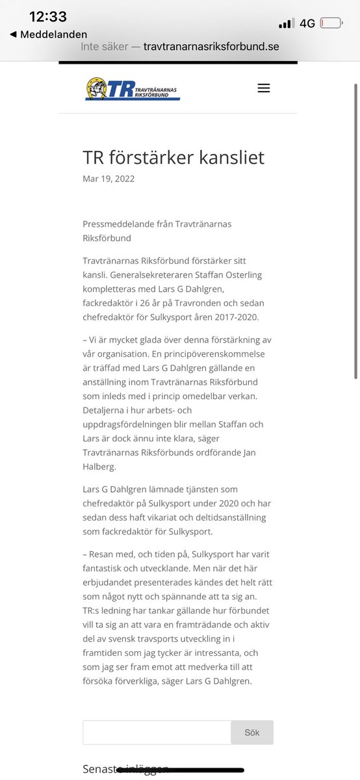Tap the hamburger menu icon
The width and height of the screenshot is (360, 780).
coord(263,88)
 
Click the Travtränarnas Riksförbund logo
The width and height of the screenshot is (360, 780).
coord(133,89)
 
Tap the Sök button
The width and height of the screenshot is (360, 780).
coord(252,732)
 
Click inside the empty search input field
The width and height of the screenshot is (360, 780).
coord(157,732)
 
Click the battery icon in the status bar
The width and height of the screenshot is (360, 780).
coord(331,23)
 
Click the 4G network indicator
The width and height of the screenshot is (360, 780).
coord(307,23)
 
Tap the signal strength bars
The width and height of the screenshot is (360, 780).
coord(286,24)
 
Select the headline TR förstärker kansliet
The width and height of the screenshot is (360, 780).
coord(174,157)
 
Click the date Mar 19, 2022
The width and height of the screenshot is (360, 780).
coord(109,179)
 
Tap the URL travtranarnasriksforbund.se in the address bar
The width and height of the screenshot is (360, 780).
coord(211,47)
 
